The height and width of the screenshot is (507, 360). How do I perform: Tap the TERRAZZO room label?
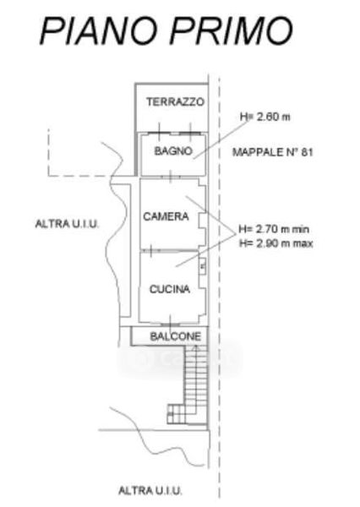[x=175, y=102]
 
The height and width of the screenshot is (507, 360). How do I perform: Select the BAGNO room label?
[x=173, y=151]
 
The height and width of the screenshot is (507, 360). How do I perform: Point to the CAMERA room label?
[x=166, y=216]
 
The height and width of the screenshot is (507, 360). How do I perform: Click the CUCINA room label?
[x=170, y=289]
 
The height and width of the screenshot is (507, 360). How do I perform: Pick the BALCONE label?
[x=176, y=336]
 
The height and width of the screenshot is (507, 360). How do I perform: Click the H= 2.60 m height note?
[x=265, y=117]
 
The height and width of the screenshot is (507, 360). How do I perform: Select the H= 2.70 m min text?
[x=274, y=229]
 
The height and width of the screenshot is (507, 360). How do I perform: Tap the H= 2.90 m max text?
[x=275, y=243]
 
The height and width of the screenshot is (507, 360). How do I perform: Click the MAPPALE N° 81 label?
[x=273, y=152]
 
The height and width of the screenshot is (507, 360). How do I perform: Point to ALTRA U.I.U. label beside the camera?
[x=67, y=224]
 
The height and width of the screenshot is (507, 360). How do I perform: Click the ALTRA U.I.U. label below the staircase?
[x=150, y=490]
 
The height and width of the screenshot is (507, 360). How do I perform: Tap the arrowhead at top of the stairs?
[x=195, y=347]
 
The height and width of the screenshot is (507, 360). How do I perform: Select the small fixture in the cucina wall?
[x=203, y=266]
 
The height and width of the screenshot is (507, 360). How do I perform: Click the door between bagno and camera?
[x=171, y=177]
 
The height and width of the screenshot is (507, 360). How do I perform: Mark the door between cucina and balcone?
[x=171, y=324]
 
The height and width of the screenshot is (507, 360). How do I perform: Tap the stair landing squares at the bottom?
[x=177, y=413]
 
